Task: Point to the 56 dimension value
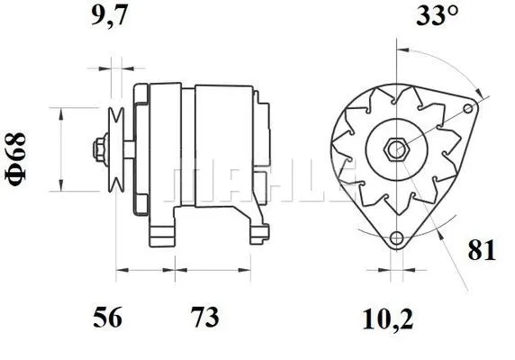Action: (x=110, y=318)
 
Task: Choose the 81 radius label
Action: (x=482, y=251)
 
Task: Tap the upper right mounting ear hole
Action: (x=469, y=109)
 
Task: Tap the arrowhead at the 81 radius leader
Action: (x=444, y=235)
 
